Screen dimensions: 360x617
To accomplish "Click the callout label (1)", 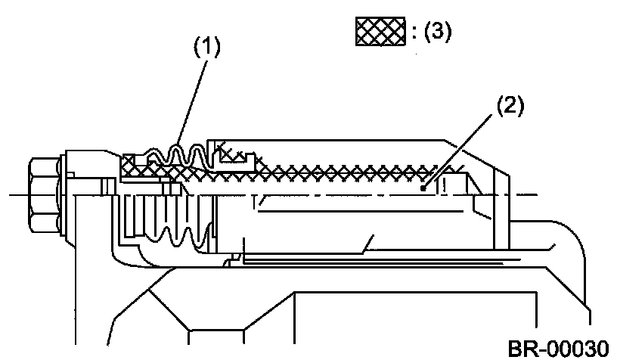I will (x=206, y=47).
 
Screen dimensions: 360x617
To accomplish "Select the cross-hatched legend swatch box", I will (x=382, y=33).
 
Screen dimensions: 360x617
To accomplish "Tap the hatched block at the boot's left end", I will (x=130, y=162).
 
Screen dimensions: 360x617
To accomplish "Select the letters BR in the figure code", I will (x=519, y=348).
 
